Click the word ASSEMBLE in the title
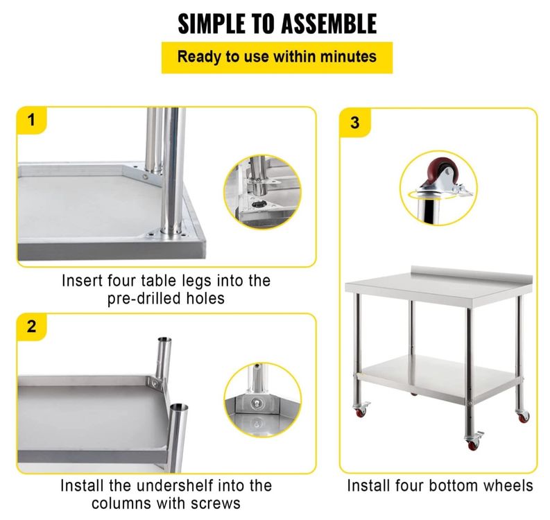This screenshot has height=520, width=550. [x=329, y=24]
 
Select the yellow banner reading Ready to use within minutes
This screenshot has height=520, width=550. [x=277, y=58]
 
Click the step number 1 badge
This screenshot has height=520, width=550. [x=32, y=120]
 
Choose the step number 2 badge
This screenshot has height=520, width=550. [x=32, y=327]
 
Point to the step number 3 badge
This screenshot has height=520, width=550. [x=354, y=123]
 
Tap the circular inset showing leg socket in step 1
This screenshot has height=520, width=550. [x=262, y=192]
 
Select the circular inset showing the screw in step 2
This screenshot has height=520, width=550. [x=262, y=400]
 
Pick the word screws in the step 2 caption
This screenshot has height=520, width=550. [x=216, y=503]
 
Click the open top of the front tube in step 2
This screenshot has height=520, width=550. [x=179, y=408]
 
